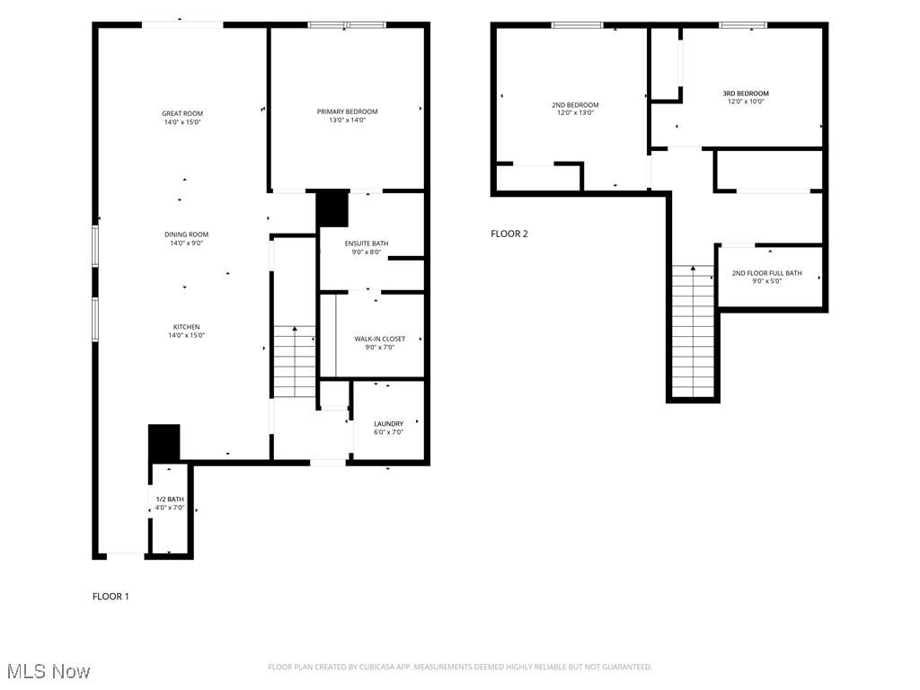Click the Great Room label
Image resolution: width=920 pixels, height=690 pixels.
pyautogui.click(x=182, y=113)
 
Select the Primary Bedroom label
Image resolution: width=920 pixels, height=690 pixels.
pyautogui.click(x=347, y=111)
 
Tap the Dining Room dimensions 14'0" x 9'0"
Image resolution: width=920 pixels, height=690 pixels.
pyautogui.click(x=186, y=243)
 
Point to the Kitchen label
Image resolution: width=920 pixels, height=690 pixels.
pyautogui.click(x=187, y=327)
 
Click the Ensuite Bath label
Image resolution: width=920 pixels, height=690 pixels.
pyautogui.click(x=367, y=243)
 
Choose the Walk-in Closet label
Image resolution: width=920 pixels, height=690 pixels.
pyautogui.click(x=379, y=339)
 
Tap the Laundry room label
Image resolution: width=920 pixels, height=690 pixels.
pyautogui.click(x=388, y=423)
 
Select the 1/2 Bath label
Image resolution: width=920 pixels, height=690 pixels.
pyautogui.click(x=170, y=500)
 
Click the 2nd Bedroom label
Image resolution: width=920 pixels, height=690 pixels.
pyautogui.click(x=575, y=105)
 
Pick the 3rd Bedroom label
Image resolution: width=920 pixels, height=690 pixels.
pyautogui.click(x=746, y=93)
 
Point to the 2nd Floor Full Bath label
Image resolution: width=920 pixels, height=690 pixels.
pyautogui.click(x=766, y=273)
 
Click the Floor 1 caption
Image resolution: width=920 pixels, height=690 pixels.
pyautogui.click(x=111, y=596)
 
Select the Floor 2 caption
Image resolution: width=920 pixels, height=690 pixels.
pyautogui.click(x=509, y=234)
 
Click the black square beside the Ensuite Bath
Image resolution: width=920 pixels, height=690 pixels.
pyautogui.click(x=332, y=209)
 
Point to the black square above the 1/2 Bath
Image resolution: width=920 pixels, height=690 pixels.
pyautogui.click(x=164, y=442)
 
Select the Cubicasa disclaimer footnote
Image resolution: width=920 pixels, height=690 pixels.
pyautogui.click(x=460, y=667)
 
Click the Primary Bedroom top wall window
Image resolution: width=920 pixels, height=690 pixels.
pyautogui.click(x=347, y=25)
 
